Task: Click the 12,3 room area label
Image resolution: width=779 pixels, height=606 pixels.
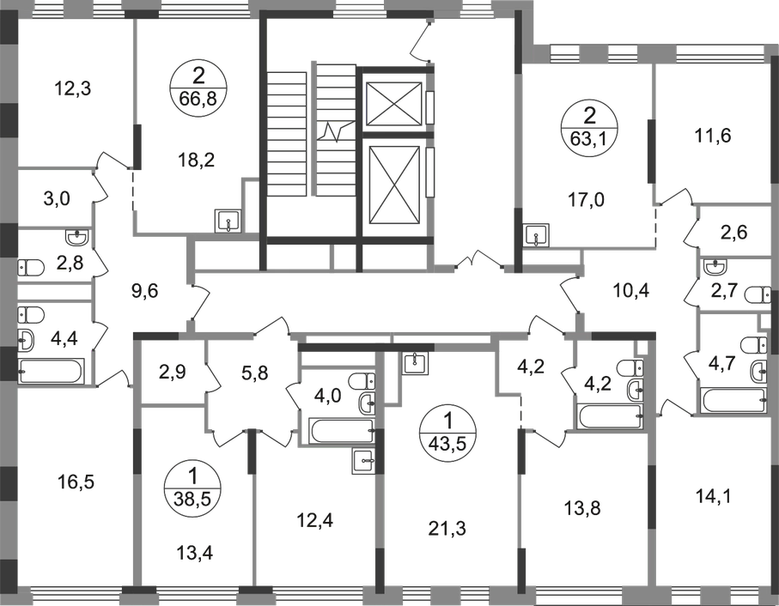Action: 72,89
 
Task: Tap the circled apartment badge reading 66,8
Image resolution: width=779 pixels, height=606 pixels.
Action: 198,89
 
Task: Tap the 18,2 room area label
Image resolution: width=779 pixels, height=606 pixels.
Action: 196,160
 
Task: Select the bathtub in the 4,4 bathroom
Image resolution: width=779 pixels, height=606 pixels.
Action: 51,372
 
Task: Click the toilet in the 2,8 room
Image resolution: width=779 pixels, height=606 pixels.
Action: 31,268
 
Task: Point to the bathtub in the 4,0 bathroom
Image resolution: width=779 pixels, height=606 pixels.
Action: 341,430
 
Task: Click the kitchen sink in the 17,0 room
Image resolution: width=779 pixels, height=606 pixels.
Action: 537,234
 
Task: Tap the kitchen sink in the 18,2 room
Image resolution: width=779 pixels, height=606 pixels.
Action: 228,221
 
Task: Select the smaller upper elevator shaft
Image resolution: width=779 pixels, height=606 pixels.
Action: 393,103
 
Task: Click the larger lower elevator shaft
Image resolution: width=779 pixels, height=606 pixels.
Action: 393,186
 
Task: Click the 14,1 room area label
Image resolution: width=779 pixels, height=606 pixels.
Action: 714,496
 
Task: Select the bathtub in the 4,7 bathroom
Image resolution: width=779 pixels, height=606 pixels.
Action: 733,401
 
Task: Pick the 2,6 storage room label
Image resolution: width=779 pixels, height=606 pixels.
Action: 734,233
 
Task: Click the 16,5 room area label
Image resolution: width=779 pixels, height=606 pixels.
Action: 76,482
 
